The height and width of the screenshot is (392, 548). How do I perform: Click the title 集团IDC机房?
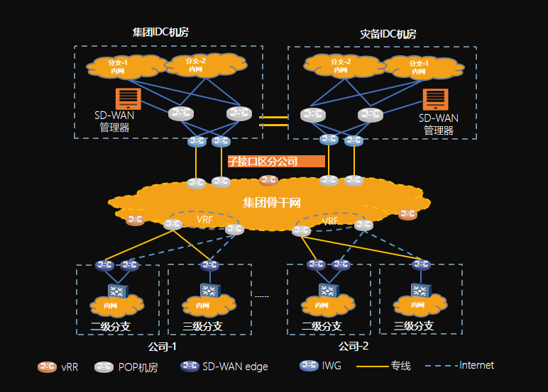pos(160,33)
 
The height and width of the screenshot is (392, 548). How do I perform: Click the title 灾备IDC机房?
pos(388,34)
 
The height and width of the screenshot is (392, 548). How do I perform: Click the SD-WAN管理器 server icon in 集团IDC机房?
pos(128,99)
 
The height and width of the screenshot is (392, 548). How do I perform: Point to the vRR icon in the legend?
pos(48,367)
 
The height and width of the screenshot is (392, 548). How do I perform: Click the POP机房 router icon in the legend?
pos(104,367)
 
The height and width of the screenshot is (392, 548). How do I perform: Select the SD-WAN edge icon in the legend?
pos(190,366)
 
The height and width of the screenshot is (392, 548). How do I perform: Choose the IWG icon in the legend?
pos(309,366)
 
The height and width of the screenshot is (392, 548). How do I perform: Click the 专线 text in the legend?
pos(400,366)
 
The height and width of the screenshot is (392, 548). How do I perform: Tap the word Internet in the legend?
pos(476,366)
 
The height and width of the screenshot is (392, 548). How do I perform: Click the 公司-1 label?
pos(162,347)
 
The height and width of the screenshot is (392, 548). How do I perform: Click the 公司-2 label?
pos(354,347)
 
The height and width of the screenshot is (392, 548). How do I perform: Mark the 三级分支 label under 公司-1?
pos(202,327)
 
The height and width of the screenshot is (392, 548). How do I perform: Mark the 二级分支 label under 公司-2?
pos(322,327)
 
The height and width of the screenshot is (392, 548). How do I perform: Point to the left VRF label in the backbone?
pos(204,220)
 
